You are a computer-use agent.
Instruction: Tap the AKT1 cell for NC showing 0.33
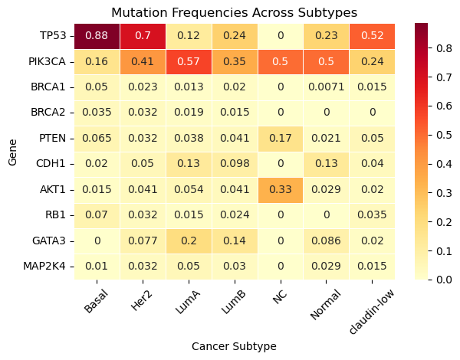coord(280,190)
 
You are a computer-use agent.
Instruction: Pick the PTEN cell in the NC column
coord(280,139)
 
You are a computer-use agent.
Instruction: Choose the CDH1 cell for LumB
coord(235,164)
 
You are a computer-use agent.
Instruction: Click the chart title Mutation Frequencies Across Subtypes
coord(235,12)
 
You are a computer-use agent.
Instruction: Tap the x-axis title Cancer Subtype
coord(235,346)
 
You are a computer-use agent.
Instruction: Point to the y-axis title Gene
coord(11,152)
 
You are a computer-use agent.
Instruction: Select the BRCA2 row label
coord(50,113)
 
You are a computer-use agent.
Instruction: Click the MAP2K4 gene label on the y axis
coord(47,267)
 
